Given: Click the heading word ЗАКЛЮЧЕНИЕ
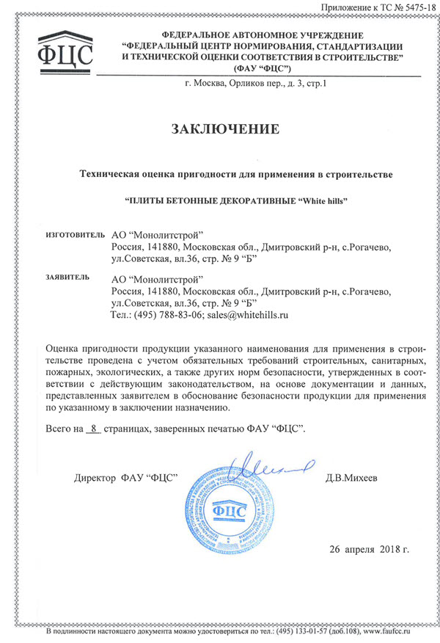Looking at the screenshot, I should (x=226, y=130).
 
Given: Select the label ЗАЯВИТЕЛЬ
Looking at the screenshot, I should (x=67, y=277).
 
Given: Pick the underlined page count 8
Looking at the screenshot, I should (x=93, y=428).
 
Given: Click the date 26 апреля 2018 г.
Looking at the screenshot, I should (x=369, y=549).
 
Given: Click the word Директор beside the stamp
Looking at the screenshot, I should (x=95, y=479).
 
